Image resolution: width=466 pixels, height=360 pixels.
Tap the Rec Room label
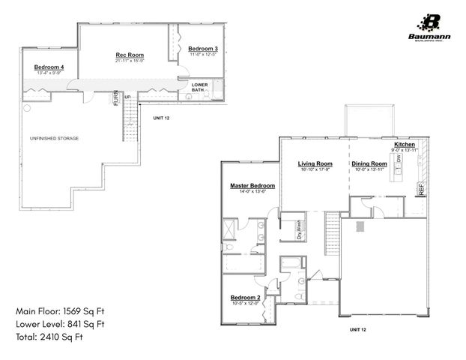[130, 55]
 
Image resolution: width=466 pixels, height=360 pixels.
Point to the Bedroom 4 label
[49, 67]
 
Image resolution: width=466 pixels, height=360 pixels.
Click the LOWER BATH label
[199, 88]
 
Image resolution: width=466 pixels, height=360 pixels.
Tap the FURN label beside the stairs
[116, 98]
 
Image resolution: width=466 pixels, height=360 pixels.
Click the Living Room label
[315, 163]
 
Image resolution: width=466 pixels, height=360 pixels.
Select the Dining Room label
[369, 163]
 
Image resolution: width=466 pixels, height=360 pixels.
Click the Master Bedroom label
[252, 185]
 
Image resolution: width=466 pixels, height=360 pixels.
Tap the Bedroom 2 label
[246, 297]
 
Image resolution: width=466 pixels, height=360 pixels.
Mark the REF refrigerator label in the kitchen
[421, 190]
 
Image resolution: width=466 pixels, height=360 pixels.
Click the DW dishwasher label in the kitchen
[399, 160]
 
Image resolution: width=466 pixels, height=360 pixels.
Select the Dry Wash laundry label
[297, 228]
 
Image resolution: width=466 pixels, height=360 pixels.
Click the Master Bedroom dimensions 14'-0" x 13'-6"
[252, 192]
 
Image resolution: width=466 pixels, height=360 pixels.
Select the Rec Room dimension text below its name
[130, 61]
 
